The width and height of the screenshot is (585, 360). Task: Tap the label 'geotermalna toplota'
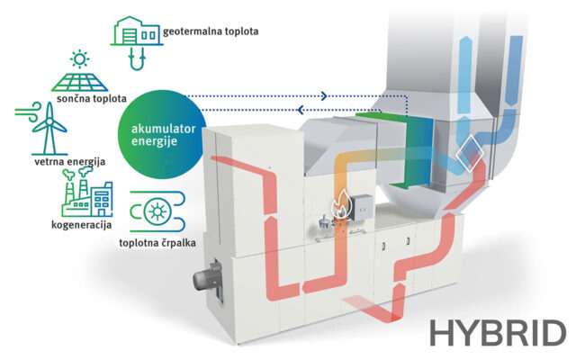(211, 31)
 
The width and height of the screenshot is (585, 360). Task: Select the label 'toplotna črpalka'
(157, 243)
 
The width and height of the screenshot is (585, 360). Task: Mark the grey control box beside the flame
(364, 206)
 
